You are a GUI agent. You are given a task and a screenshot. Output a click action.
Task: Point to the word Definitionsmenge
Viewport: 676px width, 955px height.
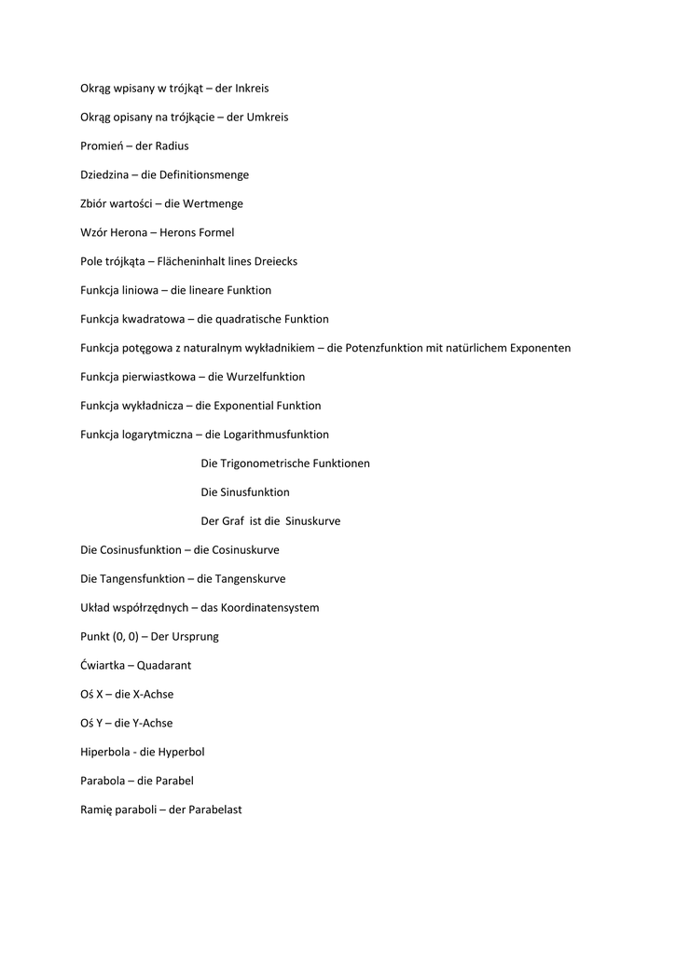(204, 174)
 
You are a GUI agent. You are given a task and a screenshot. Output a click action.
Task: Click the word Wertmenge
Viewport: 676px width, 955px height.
(214, 203)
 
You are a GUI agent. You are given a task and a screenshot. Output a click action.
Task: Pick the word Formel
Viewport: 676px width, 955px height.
(215, 232)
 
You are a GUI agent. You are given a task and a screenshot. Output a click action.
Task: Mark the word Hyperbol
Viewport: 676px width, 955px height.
(181, 753)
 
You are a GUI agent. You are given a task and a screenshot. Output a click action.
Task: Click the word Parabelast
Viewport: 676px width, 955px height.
(214, 810)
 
